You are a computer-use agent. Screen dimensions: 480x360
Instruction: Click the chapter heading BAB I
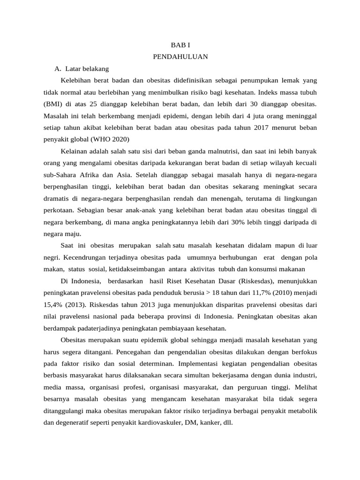pos(180,45)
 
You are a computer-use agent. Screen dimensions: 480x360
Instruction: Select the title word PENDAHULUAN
pos(180,57)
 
